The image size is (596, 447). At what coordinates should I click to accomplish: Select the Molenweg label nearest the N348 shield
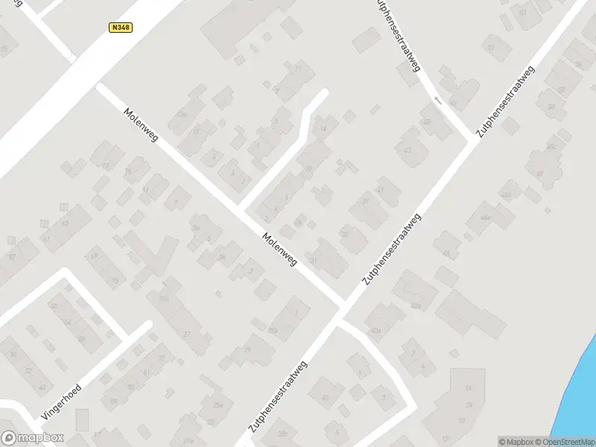[x=141, y=125]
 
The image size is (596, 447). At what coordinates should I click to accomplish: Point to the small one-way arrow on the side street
[x=438, y=99]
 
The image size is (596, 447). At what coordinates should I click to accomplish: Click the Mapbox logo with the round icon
[x=32, y=438]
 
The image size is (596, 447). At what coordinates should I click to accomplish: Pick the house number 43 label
[x=408, y=150]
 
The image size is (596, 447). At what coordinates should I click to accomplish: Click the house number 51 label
[x=490, y=47]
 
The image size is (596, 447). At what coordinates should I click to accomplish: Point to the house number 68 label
[x=539, y=174]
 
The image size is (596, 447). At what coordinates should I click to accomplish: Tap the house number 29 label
[x=248, y=349]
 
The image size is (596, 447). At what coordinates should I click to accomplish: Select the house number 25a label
[x=218, y=405]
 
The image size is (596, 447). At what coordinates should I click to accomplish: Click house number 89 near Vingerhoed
[x=113, y=401]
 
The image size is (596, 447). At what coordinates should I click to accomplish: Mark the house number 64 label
[x=66, y=323]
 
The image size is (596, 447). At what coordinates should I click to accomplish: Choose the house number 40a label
[x=375, y=330]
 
